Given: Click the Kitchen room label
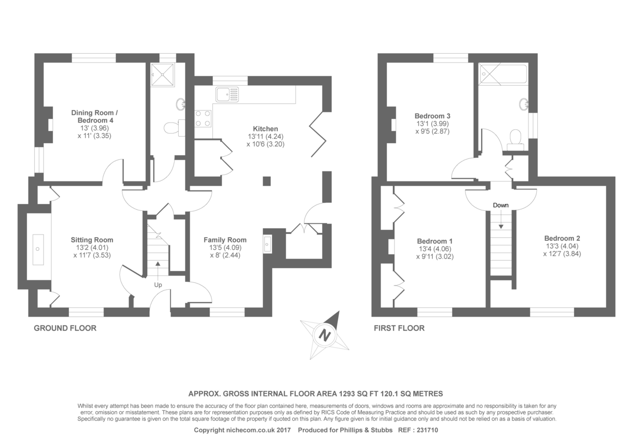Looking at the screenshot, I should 265,129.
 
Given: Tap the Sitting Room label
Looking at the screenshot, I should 92,240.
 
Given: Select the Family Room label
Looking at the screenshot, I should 225,240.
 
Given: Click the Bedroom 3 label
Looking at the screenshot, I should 432,116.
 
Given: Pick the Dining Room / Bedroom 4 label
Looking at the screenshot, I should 92,116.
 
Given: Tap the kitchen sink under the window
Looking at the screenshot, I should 227,95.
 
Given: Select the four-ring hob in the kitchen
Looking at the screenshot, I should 203,118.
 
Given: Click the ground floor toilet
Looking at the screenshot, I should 172,127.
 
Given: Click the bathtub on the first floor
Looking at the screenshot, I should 503,74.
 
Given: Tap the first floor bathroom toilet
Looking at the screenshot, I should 516,139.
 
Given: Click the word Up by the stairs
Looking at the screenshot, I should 158,285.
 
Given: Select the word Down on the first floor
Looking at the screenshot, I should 501,205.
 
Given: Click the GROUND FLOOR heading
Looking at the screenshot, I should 65,328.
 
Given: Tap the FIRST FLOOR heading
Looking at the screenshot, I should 399,328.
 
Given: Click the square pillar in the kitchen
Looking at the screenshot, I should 267,181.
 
